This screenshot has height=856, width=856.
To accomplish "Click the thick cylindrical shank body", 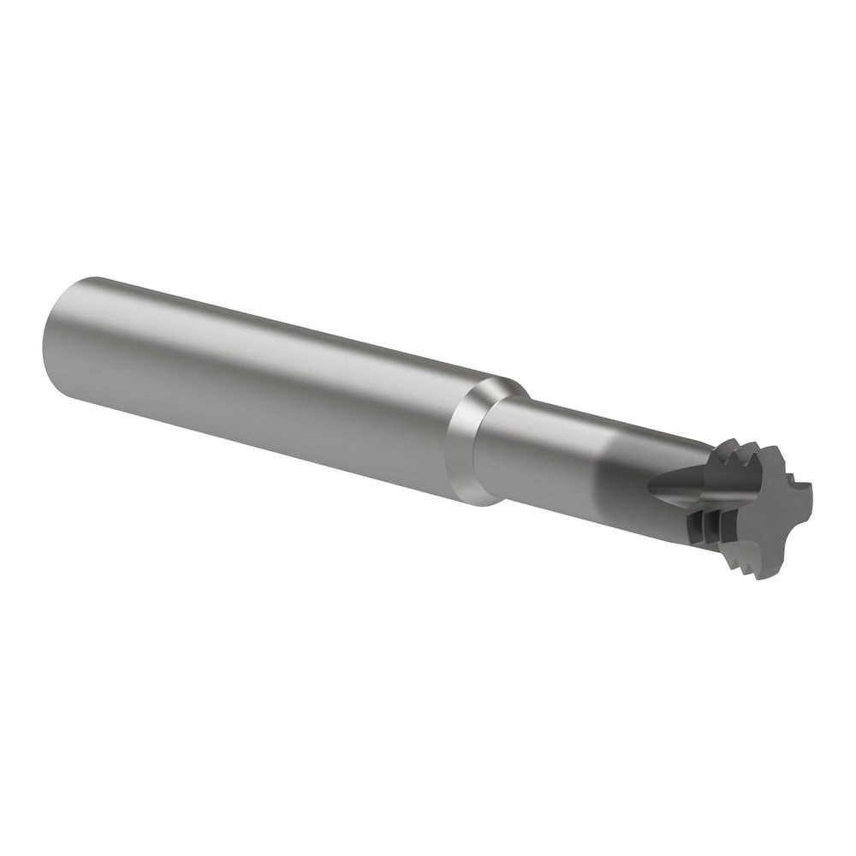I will (257, 377).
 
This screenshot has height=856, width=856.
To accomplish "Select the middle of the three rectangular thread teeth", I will (710, 526).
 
